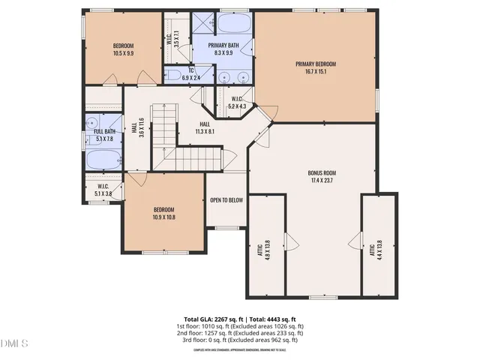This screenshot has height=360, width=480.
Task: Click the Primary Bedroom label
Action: point(315,68)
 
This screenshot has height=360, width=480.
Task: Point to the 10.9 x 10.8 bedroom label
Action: point(164,214)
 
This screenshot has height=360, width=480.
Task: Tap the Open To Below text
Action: point(226,200)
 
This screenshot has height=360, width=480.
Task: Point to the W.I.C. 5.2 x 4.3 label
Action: point(238,103)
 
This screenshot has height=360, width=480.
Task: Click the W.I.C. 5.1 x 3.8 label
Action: point(103,190)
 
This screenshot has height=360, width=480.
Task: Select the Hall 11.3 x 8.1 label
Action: point(205,127)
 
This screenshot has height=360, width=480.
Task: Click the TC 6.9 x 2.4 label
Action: point(193,76)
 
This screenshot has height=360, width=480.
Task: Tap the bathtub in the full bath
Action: point(103,159)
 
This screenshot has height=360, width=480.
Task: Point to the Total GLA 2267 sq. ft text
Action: point(212,319)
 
